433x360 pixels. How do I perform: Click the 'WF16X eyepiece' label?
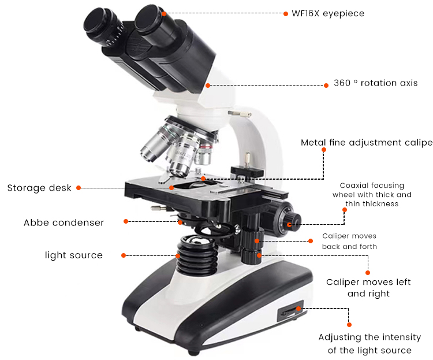(329, 13)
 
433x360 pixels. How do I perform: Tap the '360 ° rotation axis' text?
(375, 83)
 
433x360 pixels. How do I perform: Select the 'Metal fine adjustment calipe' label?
(366, 143)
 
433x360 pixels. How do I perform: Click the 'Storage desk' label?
(39, 188)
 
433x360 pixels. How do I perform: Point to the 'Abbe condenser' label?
(64, 222)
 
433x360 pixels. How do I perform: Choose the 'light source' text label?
(74, 255)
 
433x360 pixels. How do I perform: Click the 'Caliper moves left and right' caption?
(368, 288)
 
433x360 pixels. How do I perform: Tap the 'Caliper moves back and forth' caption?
(349, 242)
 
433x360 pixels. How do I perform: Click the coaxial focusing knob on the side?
(292, 221)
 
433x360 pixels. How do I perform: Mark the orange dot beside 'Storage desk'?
(79, 188)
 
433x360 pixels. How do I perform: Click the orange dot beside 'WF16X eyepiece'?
(286, 13)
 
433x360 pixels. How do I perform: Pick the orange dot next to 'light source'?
(123, 255)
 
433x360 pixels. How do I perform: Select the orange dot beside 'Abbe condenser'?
(125, 221)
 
